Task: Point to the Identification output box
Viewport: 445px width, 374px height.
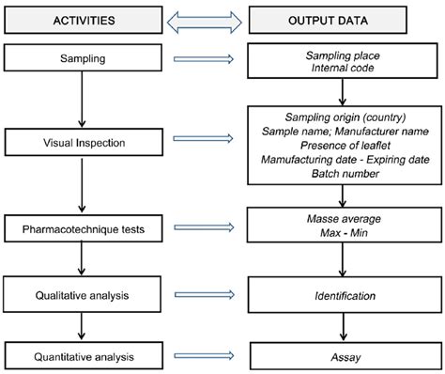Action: pos(343,294)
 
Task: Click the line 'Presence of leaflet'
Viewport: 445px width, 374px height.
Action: pos(343,146)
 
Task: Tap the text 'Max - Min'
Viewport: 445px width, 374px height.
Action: pos(343,235)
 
